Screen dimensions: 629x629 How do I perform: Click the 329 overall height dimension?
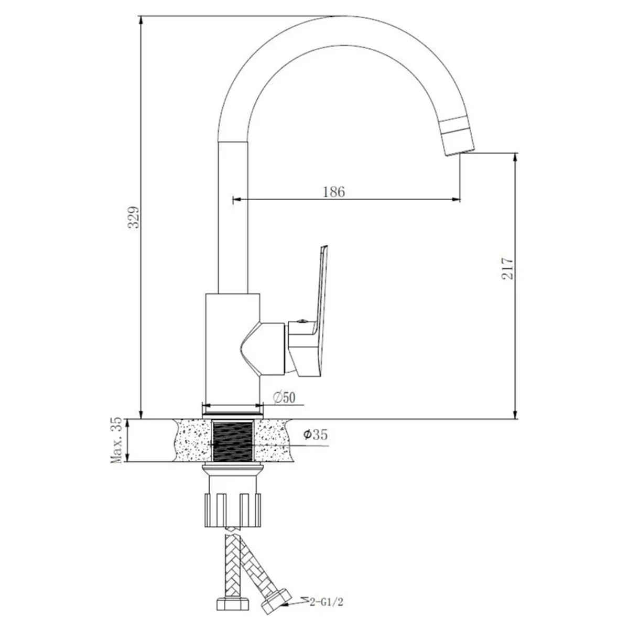pos(134,217)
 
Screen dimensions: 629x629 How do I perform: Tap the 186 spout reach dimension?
pos(333,192)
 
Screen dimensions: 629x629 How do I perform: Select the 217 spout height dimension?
pos(507,268)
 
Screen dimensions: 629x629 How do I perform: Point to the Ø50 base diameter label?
pos(284,397)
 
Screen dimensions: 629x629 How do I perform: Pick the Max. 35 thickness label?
pos(116,440)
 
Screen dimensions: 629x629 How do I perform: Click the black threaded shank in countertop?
pos(232,441)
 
